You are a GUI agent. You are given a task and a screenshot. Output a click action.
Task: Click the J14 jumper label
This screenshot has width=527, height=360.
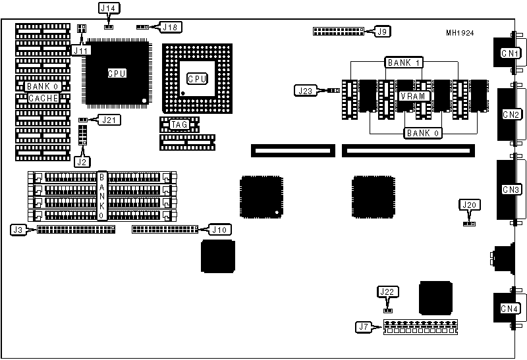[x=107, y=9]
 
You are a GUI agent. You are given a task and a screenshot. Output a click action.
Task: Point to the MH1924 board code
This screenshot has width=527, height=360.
[x=460, y=33]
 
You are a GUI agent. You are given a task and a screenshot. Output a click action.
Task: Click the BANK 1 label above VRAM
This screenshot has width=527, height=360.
[x=404, y=63]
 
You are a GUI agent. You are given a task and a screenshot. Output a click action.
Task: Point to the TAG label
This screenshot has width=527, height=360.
[x=179, y=124]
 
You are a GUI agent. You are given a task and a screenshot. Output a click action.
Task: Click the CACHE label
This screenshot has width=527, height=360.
[x=43, y=98]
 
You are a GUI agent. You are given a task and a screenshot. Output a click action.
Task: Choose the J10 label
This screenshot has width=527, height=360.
[x=219, y=230]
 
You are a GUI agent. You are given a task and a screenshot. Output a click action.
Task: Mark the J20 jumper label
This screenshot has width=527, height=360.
[x=469, y=205]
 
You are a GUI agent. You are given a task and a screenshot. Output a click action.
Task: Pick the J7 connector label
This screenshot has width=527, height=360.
[x=363, y=326]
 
